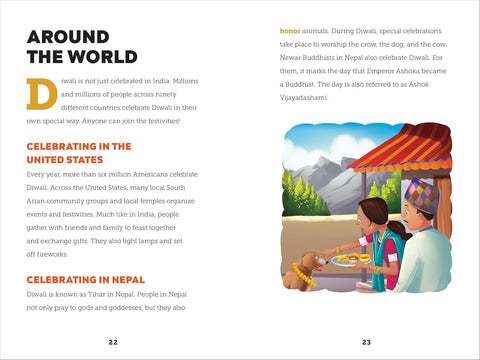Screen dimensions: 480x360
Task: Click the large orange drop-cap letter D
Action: point(41,93)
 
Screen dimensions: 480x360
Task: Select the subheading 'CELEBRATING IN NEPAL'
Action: point(86,279)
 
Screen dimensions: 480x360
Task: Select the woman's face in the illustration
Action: point(380,215)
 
